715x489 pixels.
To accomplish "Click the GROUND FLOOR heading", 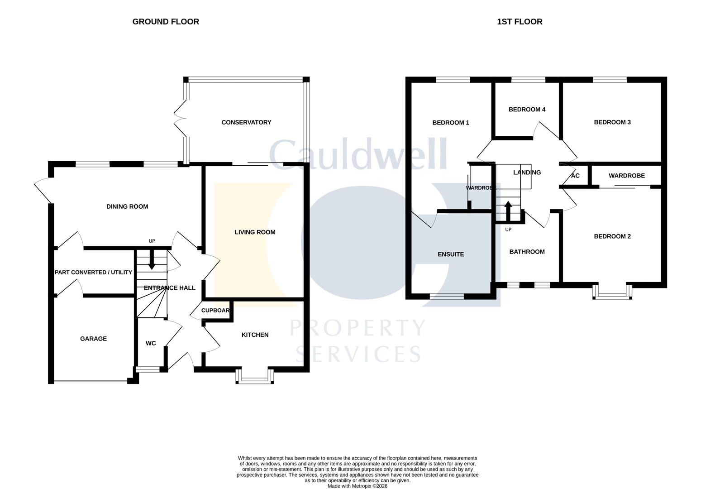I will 166,22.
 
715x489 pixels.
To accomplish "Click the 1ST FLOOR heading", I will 520,22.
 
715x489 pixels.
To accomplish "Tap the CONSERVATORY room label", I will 246,122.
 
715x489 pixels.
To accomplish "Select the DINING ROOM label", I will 127,206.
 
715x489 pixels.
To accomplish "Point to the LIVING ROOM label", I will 255,232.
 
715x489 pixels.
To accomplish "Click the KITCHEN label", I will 255,335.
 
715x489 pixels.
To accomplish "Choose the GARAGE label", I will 93,339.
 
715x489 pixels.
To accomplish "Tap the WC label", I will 151,344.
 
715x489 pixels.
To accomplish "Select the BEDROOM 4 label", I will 527,110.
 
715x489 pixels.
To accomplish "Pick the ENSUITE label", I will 451,254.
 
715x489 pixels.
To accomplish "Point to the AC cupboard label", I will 575,176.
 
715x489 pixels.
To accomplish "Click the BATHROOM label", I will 527,252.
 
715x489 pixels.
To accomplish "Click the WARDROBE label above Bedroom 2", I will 626,176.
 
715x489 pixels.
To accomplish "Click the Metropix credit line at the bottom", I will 357,486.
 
